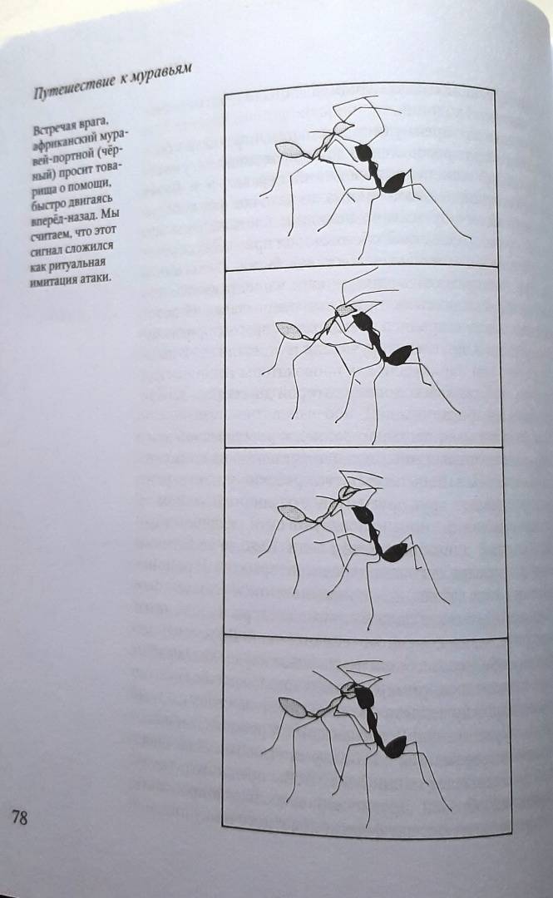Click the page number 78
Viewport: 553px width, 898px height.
pyautogui.click(x=19, y=817)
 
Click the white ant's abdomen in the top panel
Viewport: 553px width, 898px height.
pyautogui.click(x=292, y=150)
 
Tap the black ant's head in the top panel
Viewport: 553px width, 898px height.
pyautogui.click(x=364, y=152)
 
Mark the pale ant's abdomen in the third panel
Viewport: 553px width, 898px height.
pyautogui.click(x=291, y=512)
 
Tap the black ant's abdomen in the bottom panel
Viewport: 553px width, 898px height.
pyautogui.click(x=396, y=746)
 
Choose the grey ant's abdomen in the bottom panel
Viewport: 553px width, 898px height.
pyautogui.click(x=293, y=707)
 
